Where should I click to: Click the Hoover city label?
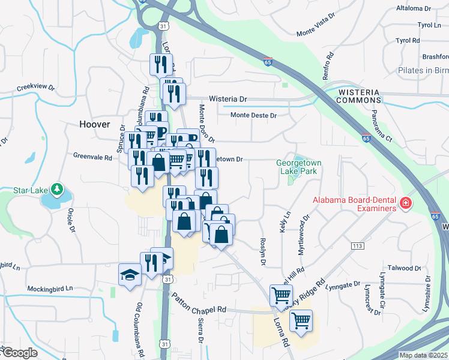coord(95,124)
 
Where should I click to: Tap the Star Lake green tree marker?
coord(57,190)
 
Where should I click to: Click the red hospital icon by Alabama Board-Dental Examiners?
coord(406,204)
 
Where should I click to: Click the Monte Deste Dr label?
coord(254,115)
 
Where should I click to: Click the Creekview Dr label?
coord(36,87)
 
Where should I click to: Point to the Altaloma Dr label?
coord(414,8)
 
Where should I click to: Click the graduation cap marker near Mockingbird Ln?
coord(130,274)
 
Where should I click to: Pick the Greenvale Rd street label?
coord(92,158)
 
